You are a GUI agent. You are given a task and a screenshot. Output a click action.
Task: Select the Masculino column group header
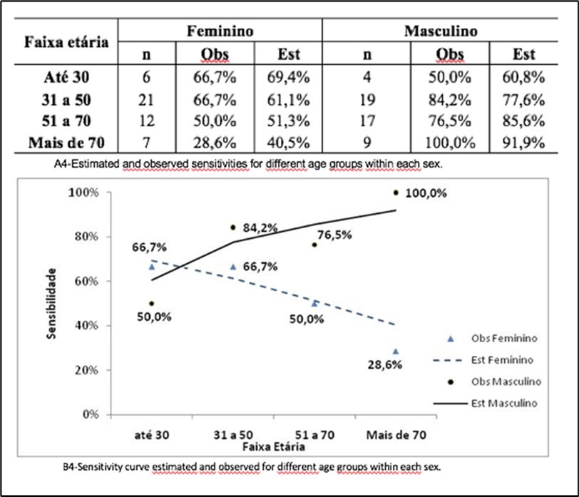441,31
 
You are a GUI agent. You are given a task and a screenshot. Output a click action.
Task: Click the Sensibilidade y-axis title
52,302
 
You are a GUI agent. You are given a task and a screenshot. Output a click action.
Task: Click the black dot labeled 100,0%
396,193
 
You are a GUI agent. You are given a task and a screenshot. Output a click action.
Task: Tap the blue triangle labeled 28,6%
396,352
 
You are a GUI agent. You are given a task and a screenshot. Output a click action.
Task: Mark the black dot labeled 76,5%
314,245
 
